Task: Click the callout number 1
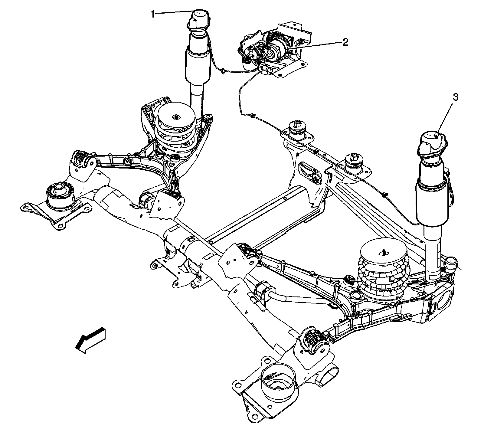pyautogui.click(x=153, y=14)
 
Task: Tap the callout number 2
pyautogui.click(x=345, y=42)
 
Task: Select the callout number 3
pyautogui.click(x=455, y=98)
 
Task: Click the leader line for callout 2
pyautogui.click(x=315, y=45)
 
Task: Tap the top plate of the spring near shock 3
pyautogui.click(x=383, y=251)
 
